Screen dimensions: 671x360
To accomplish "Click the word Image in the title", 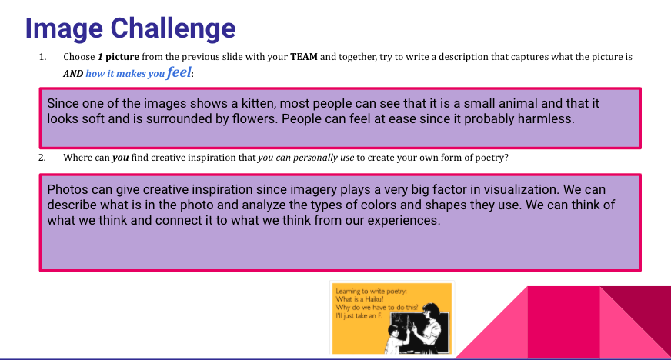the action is coord(64,29).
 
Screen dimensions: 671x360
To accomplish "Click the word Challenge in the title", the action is coord(173,28).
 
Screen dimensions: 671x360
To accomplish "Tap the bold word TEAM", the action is coord(304,57).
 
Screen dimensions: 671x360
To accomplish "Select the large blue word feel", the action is coord(179,72).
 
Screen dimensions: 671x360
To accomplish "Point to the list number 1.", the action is coord(42,57).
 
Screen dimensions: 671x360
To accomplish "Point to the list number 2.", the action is coord(42,158).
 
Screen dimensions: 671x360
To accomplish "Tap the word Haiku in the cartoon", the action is coord(373,299).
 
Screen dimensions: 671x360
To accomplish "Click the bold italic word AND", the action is coord(73,74).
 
